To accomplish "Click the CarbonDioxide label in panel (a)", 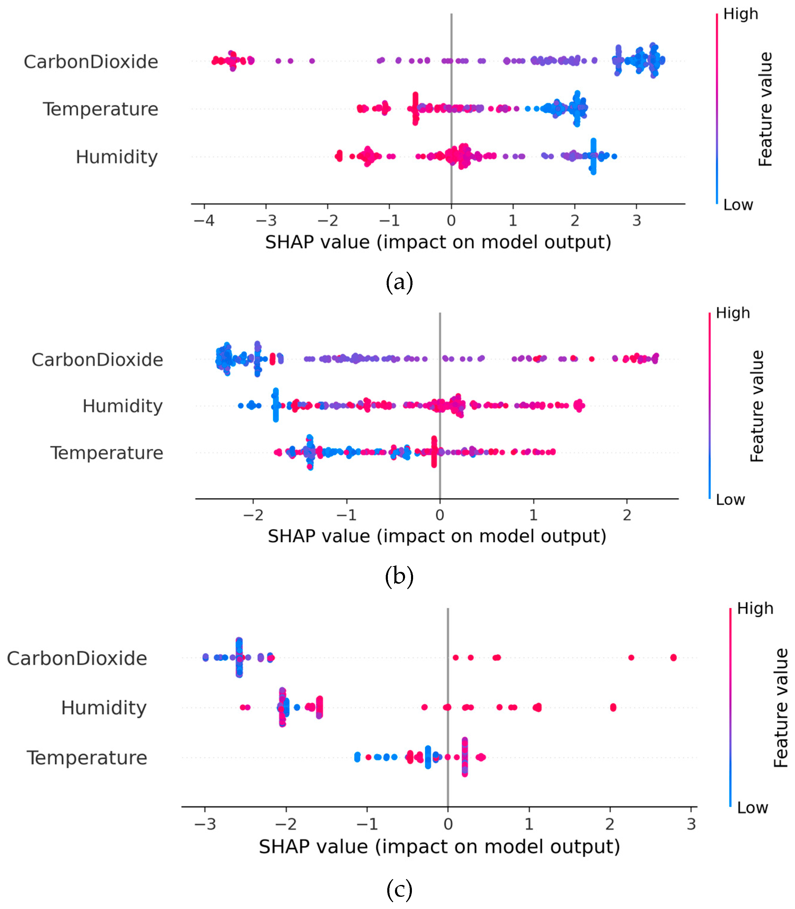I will pos(91,62).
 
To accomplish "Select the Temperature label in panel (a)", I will pos(101,109).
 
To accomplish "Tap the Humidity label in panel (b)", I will pos(122,406).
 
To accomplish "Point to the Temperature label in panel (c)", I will pos(87,758).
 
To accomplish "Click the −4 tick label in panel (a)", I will pos(204,220).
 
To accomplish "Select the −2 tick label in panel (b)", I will pos(253,515).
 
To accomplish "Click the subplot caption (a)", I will pos(399,282).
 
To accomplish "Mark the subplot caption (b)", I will pos(399,576).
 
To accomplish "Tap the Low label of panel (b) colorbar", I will pos(730,500).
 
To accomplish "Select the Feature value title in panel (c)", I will pos(780,708).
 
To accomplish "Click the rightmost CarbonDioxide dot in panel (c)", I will pos(674,658).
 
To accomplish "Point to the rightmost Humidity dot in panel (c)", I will pos(613,707).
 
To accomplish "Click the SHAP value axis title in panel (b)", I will pos(437,536).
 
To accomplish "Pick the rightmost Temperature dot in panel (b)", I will pos(553,452).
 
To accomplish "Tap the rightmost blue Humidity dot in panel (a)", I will pos(614,156).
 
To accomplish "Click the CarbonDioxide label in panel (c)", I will pos(77,659).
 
